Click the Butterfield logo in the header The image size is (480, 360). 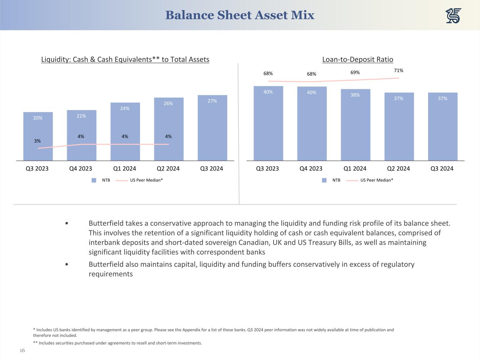click(x=453, y=16)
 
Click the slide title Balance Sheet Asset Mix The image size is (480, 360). click(x=240, y=15)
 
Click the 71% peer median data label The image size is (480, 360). click(x=398, y=71)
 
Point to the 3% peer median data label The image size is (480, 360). click(x=37, y=141)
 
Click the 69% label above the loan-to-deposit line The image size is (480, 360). click(x=355, y=72)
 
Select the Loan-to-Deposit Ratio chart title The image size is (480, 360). click(x=358, y=59)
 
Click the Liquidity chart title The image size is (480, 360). click(x=125, y=59)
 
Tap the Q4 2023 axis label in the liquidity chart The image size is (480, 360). click(x=81, y=168)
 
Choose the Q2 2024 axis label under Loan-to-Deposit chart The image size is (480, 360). click(x=398, y=168)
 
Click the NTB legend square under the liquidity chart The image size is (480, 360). click(x=94, y=180)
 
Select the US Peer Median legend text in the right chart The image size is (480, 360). click(x=377, y=180)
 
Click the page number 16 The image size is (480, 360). click(x=22, y=351)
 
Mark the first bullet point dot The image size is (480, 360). click(x=67, y=224)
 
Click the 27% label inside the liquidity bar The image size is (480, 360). click(x=212, y=101)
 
